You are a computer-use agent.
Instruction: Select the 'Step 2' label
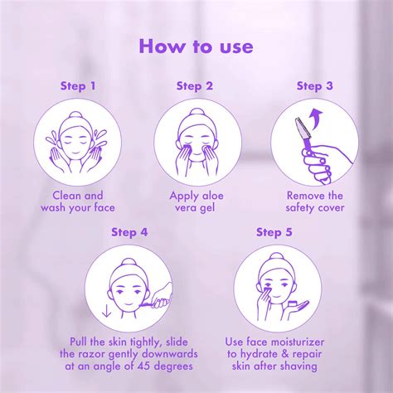196,85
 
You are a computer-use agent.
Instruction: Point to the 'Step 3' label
315,85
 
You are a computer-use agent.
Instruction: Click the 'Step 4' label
130,232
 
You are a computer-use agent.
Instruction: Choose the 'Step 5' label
274,232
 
